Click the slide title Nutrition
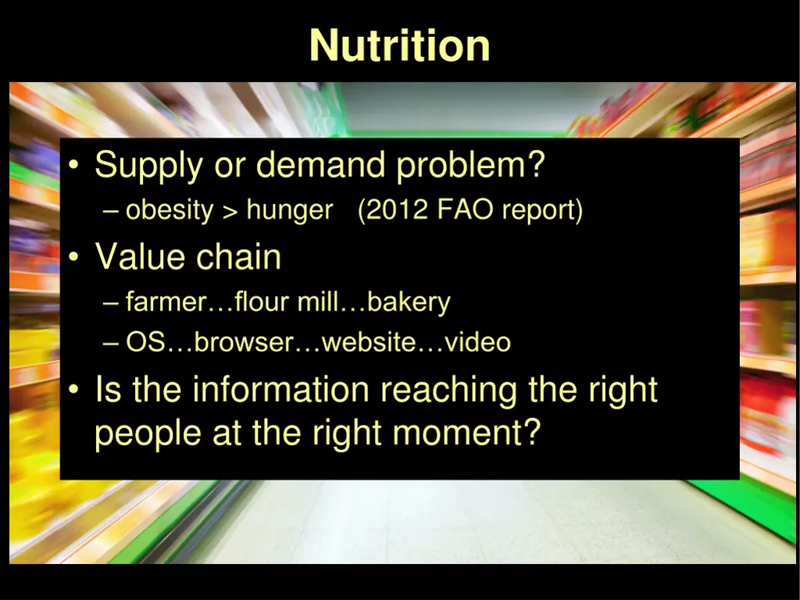[399, 45]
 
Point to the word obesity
[170, 210]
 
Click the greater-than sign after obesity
[230, 211]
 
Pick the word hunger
[289, 211]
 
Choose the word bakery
[409, 302]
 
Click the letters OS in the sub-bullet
[145, 342]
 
